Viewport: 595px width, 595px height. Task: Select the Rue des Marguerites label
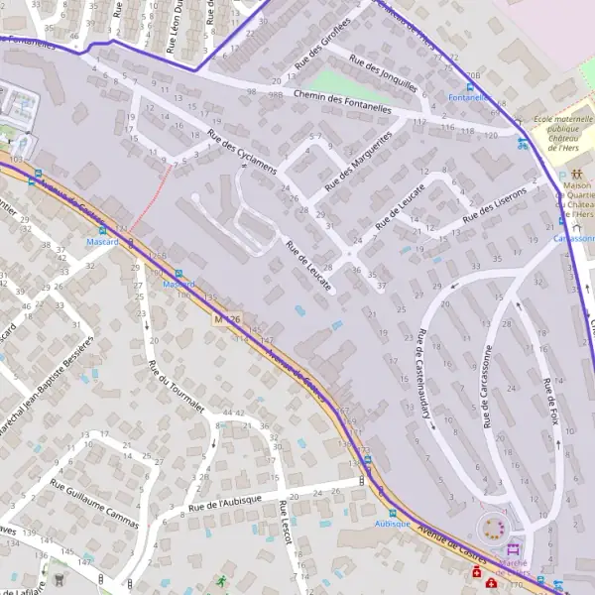pos(360,155)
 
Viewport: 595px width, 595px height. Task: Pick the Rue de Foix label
pos(551,403)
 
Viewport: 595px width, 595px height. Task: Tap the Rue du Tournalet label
pos(167,390)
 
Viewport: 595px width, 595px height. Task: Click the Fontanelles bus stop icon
pos(470,87)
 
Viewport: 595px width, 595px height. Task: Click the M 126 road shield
pos(227,319)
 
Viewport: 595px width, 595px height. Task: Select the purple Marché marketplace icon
pos(513,549)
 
